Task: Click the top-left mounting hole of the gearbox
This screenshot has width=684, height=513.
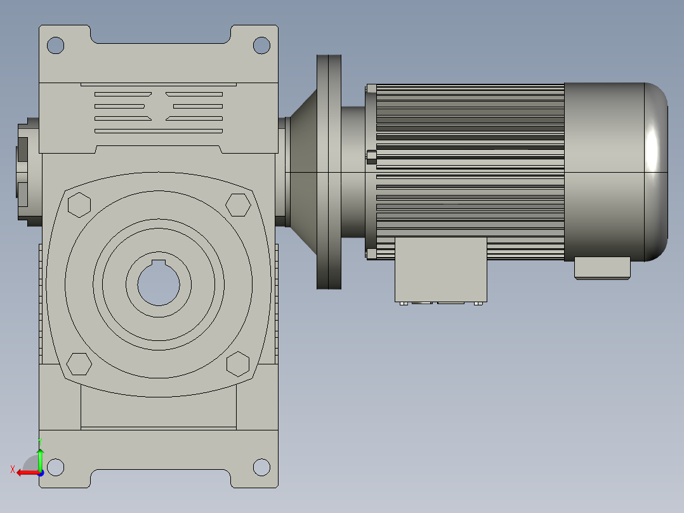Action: (56, 45)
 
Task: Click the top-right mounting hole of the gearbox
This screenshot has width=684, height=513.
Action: (261, 45)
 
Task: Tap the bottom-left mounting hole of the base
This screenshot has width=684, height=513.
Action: (56, 467)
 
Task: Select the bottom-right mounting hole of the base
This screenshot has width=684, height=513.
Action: (261, 467)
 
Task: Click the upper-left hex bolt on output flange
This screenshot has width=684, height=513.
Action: (79, 205)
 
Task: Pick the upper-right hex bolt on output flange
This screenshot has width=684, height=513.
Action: (238, 204)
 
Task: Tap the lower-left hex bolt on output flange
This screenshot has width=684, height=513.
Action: (79, 364)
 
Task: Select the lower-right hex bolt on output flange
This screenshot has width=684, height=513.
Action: (238, 364)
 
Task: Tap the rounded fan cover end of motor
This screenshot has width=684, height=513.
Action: (656, 171)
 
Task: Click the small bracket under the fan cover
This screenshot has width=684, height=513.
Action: (602, 267)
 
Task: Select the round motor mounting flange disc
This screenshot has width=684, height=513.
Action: (329, 171)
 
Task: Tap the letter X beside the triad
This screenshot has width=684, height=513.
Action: (13, 469)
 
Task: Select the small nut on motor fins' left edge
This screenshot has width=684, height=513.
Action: (371, 156)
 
